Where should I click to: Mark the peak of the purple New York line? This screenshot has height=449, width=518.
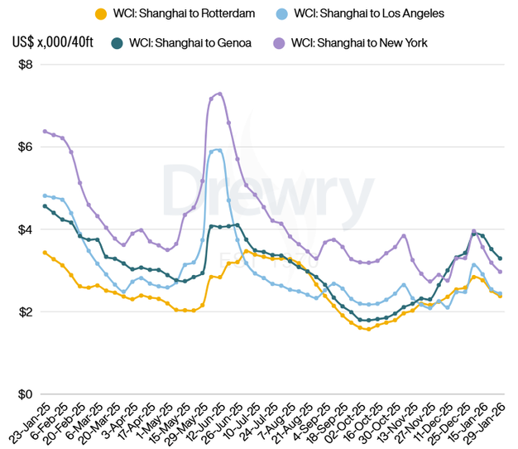tap(219, 93)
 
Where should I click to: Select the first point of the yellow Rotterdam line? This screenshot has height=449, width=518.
tap(45, 252)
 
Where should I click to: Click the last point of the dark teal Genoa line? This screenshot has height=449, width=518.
tap(500, 258)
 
